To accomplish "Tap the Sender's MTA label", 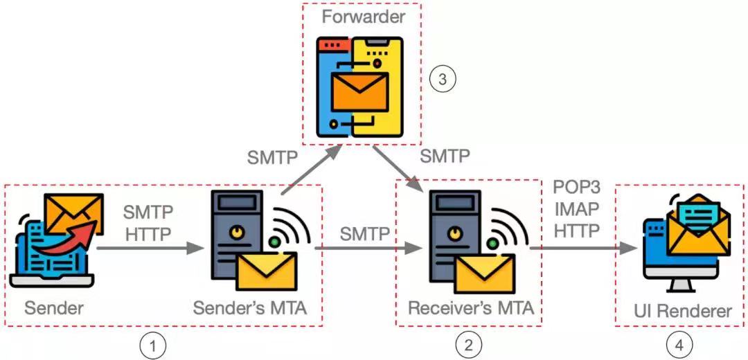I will (x=250, y=307).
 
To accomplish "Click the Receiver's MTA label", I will (x=471, y=307).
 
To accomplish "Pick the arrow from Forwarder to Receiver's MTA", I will (x=398, y=166).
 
